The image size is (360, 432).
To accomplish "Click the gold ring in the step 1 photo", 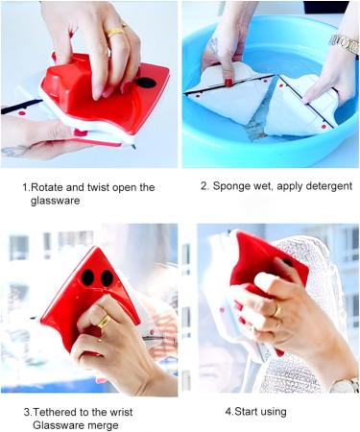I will click(x=116, y=32).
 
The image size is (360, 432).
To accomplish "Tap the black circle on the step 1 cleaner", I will click(x=145, y=83).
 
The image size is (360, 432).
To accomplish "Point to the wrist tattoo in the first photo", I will click(x=14, y=151).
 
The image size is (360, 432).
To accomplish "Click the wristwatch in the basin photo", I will click(x=345, y=43).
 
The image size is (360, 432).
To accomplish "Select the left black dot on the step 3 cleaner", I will click(x=87, y=277).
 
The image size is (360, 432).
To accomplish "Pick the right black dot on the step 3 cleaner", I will click(x=107, y=277).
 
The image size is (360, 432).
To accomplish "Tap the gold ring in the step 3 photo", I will click(x=102, y=324).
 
